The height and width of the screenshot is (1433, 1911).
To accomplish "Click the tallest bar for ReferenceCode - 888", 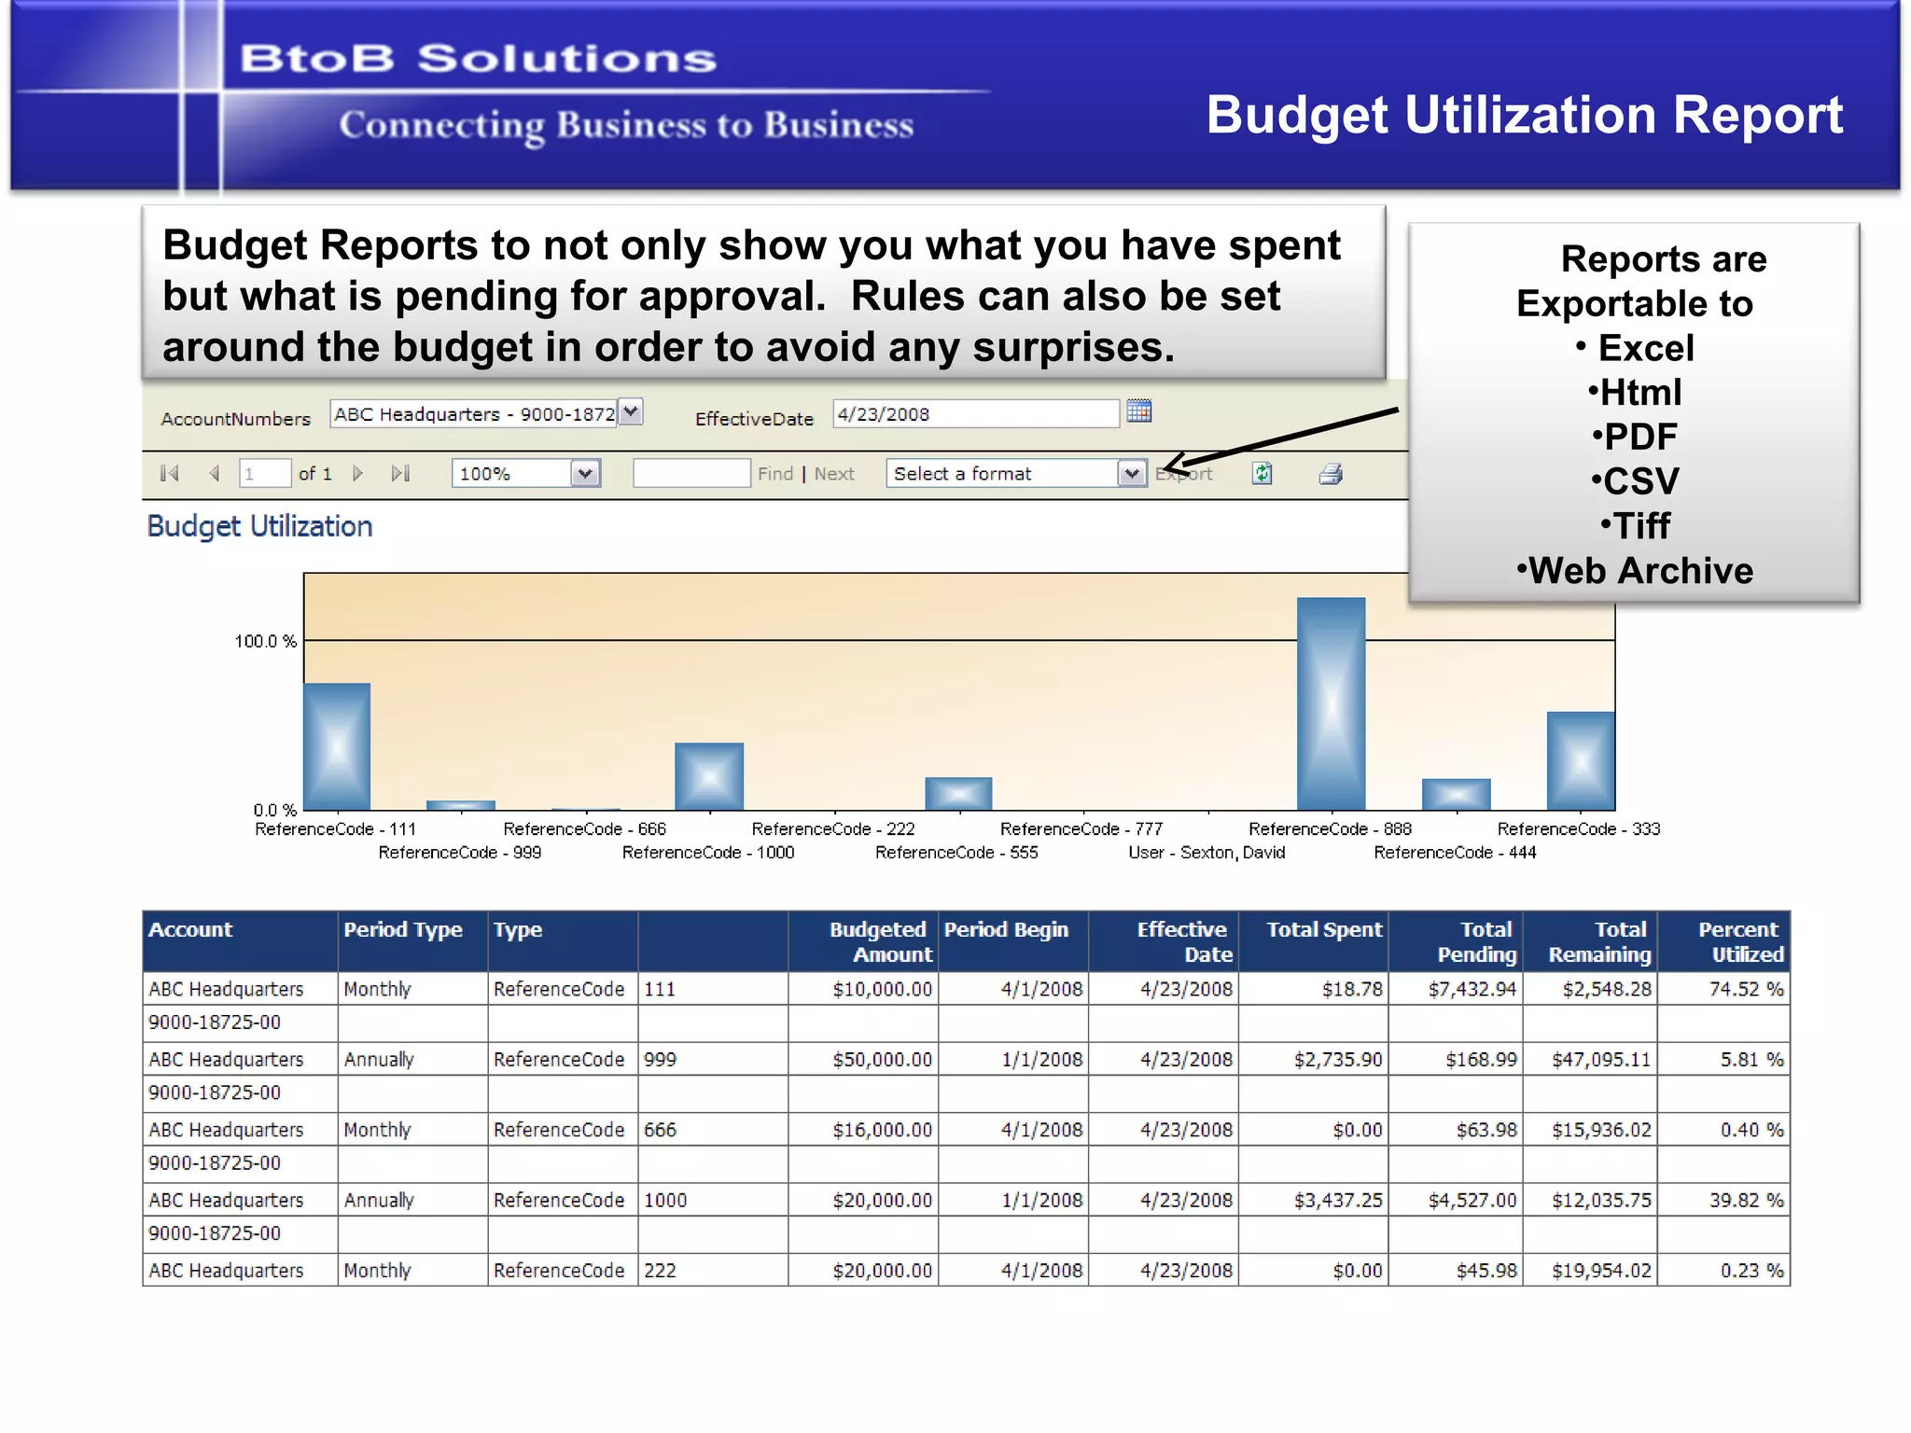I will (1331, 704).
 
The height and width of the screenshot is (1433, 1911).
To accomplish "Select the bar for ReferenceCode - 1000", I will (709, 776).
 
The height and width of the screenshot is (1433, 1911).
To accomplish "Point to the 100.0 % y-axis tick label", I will (265, 641).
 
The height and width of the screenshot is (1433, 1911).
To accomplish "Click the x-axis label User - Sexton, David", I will (1207, 853).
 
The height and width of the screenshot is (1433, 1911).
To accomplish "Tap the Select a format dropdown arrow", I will (1132, 474).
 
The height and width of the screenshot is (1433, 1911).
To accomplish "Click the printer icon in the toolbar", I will (1331, 474).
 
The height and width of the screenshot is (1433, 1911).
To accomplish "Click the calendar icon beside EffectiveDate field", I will (1139, 411).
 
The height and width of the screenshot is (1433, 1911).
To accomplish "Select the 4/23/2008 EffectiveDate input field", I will (974, 414).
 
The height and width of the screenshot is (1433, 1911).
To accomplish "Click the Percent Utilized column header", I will (1739, 941).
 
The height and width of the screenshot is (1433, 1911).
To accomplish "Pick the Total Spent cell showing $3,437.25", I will (1337, 1200).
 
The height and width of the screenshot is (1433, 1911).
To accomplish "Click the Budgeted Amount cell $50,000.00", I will (882, 1060).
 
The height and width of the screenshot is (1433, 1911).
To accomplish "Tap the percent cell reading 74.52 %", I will (1745, 989).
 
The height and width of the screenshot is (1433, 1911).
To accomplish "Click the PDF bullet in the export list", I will (1636, 437).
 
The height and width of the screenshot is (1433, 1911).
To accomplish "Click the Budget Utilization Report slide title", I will (1524, 115).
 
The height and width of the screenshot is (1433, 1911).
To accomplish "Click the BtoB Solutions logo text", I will (478, 59).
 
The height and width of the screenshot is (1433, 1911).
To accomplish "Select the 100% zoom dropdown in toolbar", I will (525, 474).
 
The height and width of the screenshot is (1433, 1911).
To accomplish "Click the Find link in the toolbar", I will (774, 474).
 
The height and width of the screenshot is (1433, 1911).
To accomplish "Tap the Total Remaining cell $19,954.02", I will (1600, 1271).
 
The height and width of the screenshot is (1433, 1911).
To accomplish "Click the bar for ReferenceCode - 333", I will (1580, 761).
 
